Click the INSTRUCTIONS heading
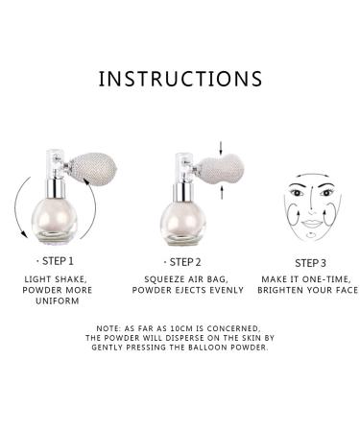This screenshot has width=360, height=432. click(180, 79)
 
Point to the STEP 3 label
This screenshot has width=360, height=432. click(310, 263)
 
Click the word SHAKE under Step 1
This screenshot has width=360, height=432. click(70, 279)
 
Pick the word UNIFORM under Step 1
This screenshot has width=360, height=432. click(58, 301)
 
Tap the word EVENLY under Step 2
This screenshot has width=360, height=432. click(227, 290)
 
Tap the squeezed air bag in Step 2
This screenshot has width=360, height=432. click(222, 169)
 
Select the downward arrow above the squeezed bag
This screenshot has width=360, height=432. click(221, 147)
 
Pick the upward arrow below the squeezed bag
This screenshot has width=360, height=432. click(221, 193)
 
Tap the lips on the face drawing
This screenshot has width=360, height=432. click(311, 223)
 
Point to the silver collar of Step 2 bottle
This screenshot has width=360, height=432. click(183, 192)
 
